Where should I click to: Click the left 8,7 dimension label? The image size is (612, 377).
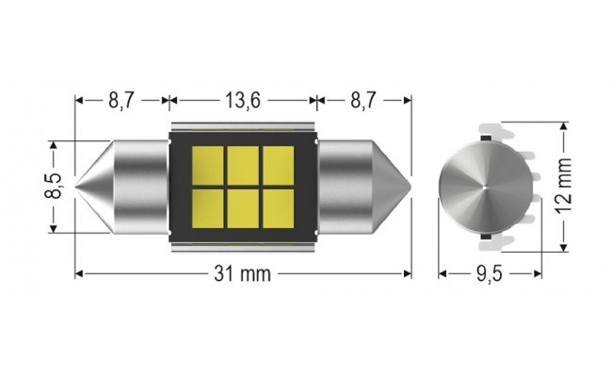(121, 99)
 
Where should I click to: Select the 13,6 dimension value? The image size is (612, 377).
(244, 99)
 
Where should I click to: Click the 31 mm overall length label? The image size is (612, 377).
(243, 274)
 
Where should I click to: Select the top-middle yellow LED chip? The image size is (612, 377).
(244, 162)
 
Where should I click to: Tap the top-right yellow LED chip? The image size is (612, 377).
(277, 162)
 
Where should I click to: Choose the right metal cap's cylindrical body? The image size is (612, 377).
(346, 187)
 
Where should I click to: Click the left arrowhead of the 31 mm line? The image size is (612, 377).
(78, 274)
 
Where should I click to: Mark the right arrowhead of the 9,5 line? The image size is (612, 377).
(540, 274)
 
